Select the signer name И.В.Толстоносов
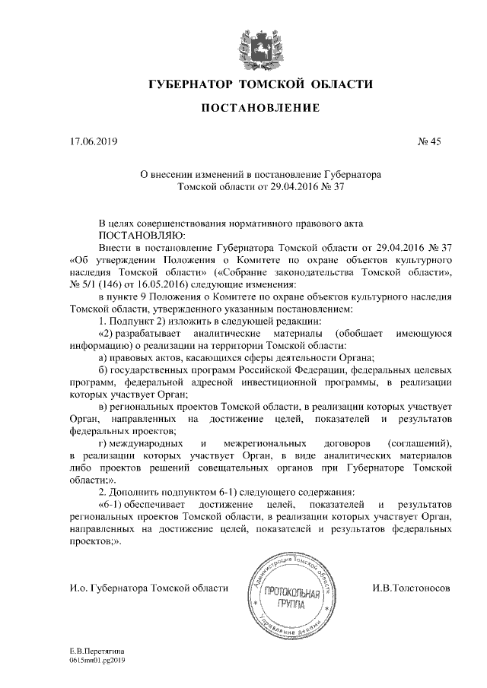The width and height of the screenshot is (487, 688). [x=412, y=588]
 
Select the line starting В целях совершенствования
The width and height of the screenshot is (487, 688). [x=237, y=224]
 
